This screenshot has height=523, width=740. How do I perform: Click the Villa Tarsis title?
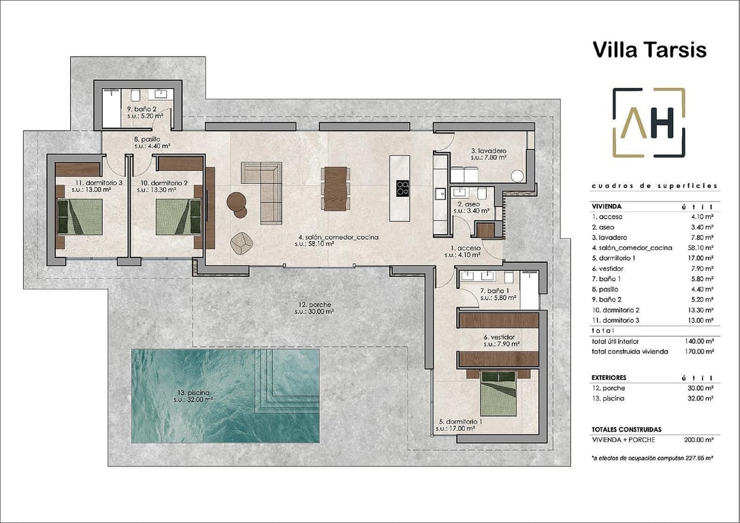point(639,50)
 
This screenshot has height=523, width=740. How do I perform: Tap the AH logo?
point(649,123)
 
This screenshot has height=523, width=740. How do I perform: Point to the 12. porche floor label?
point(314,308)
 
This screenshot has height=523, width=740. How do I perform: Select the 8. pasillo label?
point(151,142)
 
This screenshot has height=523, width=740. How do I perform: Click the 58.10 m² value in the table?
point(699,248)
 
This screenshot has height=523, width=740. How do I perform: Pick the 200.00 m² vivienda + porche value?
point(699,440)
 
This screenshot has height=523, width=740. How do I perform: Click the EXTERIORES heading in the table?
point(609,377)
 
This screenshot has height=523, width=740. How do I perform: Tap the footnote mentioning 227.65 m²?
point(651,458)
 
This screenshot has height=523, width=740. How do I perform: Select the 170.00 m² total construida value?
point(699,351)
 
